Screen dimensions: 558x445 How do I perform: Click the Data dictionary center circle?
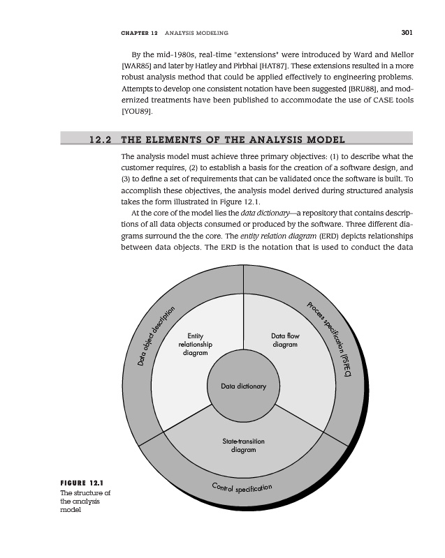(x=243, y=386)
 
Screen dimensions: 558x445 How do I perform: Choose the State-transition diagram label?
(x=243, y=445)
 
